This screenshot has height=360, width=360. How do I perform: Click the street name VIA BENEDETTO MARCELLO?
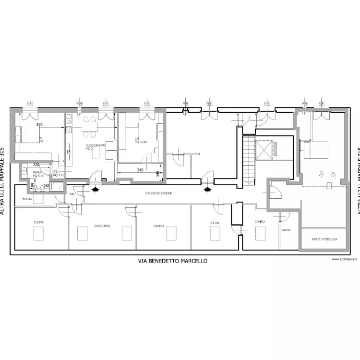(x=173, y=261)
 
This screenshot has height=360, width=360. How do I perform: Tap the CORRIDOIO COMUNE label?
(x=159, y=193)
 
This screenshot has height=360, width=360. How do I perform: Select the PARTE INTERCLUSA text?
(x=324, y=239)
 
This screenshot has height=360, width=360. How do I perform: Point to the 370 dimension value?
(x=39, y=124)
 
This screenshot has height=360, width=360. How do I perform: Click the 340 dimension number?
(x=140, y=169)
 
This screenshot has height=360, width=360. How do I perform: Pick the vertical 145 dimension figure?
(x=157, y=173)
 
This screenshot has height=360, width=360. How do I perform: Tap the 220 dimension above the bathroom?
(x=36, y=165)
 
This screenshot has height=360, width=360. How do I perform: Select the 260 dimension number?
(x=47, y=186)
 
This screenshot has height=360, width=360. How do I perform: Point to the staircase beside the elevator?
(x=249, y=158)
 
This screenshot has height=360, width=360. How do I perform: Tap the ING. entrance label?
(x=72, y=194)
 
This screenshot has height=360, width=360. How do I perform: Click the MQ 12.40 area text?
(x=141, y=142)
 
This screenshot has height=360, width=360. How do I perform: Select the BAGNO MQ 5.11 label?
(x=38, y=174)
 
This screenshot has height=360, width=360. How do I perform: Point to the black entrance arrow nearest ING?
(x=95, y=189)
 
